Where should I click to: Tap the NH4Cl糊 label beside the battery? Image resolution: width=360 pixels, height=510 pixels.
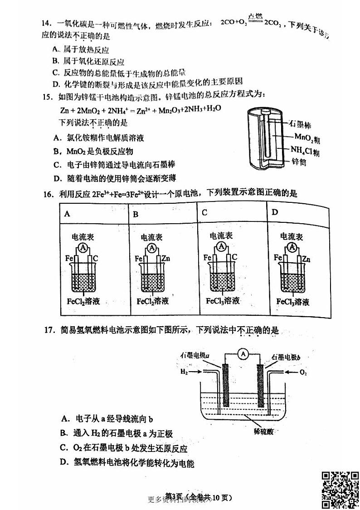coord(305,150)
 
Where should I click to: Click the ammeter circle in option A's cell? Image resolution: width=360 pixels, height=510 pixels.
coord(83,247)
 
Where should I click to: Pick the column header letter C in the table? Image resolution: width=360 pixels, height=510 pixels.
coord(204,212)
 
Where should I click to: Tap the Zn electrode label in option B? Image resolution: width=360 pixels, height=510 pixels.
coord(166,259)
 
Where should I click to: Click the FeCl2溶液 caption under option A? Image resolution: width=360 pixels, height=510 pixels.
coord(83,301)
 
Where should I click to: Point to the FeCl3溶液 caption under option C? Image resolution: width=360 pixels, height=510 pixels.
coord(223,300)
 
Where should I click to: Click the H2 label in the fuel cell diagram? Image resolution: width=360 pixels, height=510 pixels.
coord(184,372)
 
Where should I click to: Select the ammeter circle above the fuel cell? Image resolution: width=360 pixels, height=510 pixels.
coord(244,355)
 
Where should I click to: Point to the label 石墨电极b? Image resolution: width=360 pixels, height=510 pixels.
coord(286,357)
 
